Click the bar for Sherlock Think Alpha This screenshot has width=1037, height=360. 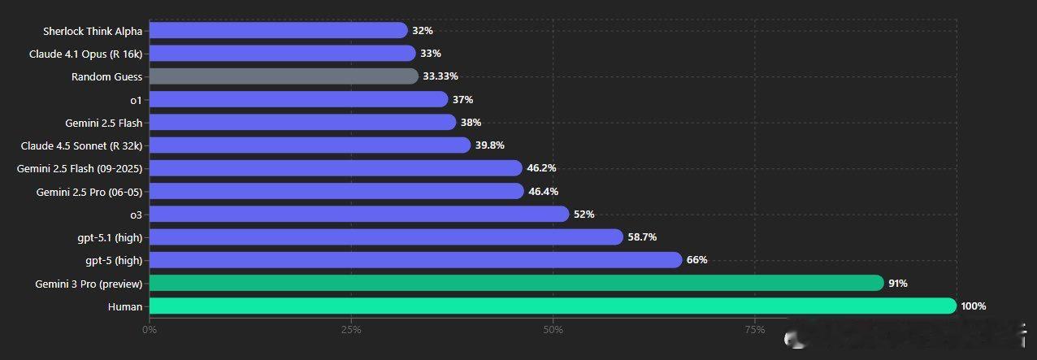[x=278, y=31]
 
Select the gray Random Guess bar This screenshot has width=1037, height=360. [x=284, y=76]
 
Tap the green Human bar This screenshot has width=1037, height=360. [x=553, y=306]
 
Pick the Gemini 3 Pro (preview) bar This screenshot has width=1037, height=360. [x=516, y=283]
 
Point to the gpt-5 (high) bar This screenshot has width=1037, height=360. [x=415, y=260]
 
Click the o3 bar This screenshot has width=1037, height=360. [x=359, y=215]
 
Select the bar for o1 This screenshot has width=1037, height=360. [x=298, y=99]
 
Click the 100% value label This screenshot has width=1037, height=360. [x=973, y=306]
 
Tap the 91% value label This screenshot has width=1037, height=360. [x=897, y=284]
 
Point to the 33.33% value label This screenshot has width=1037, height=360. [x=440, y=76]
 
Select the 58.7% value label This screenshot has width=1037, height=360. [x=642, y=237]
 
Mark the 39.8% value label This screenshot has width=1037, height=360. [x=490, y=145]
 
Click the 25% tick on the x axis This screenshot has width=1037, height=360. [x=351, y=330]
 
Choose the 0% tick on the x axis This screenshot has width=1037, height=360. [x=150, y=330]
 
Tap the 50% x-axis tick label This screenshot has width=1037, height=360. [x=553, y=330]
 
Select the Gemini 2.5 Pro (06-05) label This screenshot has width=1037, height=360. [x=89, y=192]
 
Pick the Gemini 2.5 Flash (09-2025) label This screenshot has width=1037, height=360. [x=80, y=168]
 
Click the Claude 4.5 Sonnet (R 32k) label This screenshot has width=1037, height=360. [x=82, y=145]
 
